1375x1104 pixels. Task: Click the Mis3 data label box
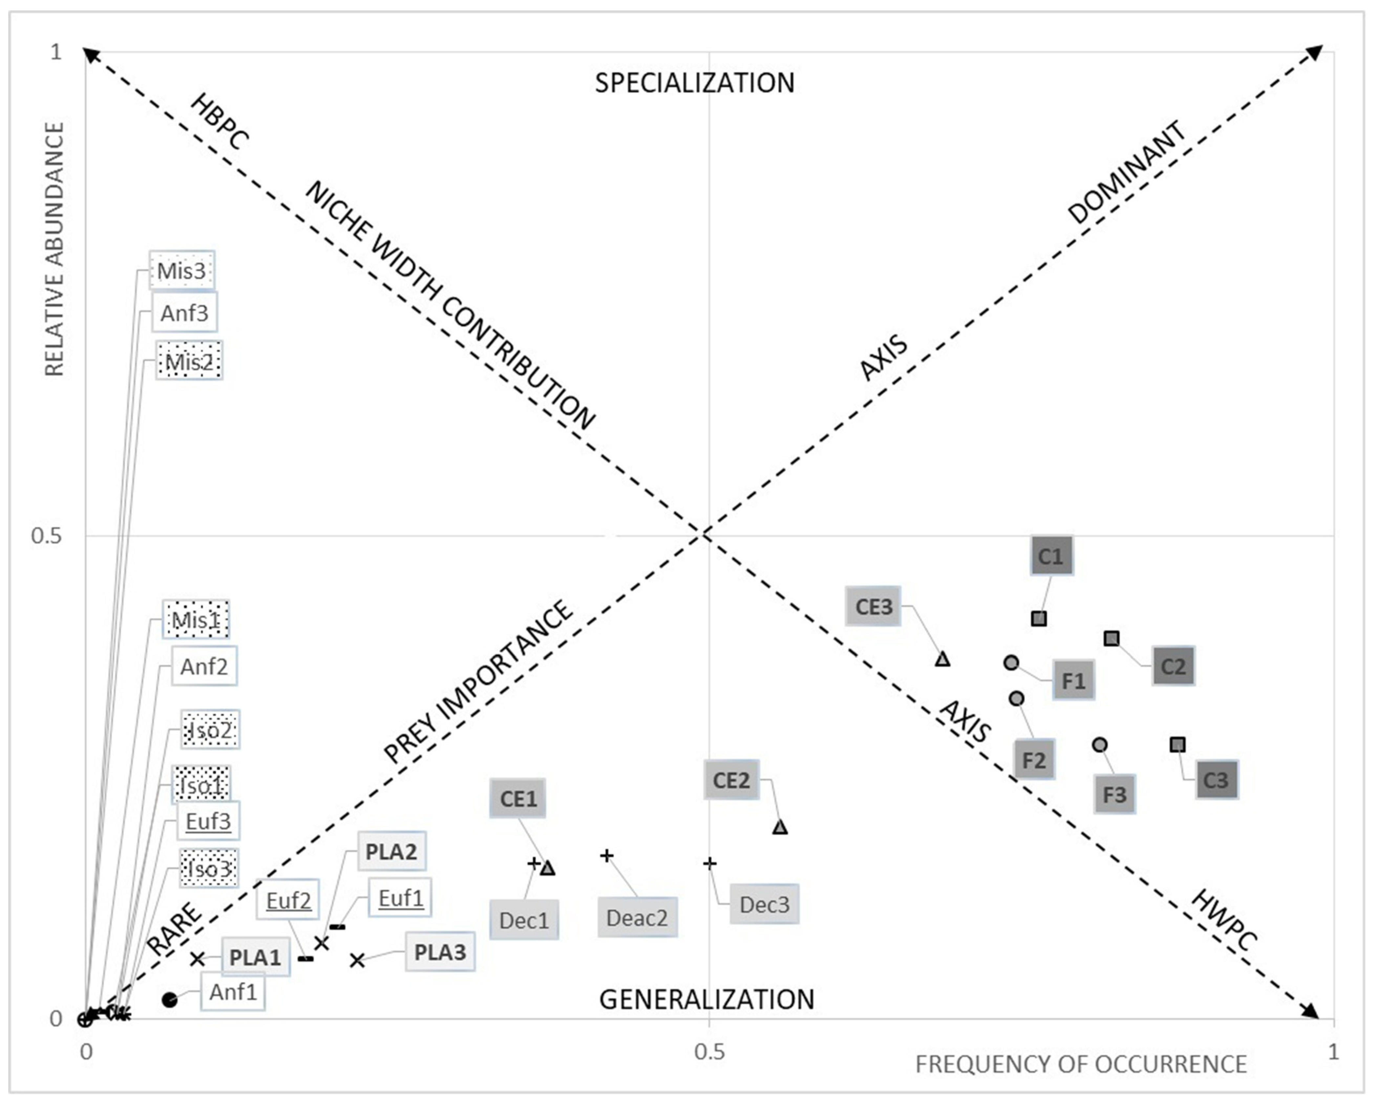(182, 270)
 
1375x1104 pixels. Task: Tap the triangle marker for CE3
(942, 659)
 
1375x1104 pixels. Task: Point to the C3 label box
(1216, 780)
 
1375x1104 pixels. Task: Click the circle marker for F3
(1099, 744)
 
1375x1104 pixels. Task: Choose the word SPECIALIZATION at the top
(694, 83)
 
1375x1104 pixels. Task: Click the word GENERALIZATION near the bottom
(707, 999)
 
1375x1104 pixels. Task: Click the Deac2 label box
(637, 918)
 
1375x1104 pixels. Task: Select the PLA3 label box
(440, 952)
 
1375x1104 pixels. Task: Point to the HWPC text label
(1223, 922)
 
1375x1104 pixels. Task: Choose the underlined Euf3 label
(208, 821)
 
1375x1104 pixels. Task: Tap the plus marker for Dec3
(710, 863)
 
